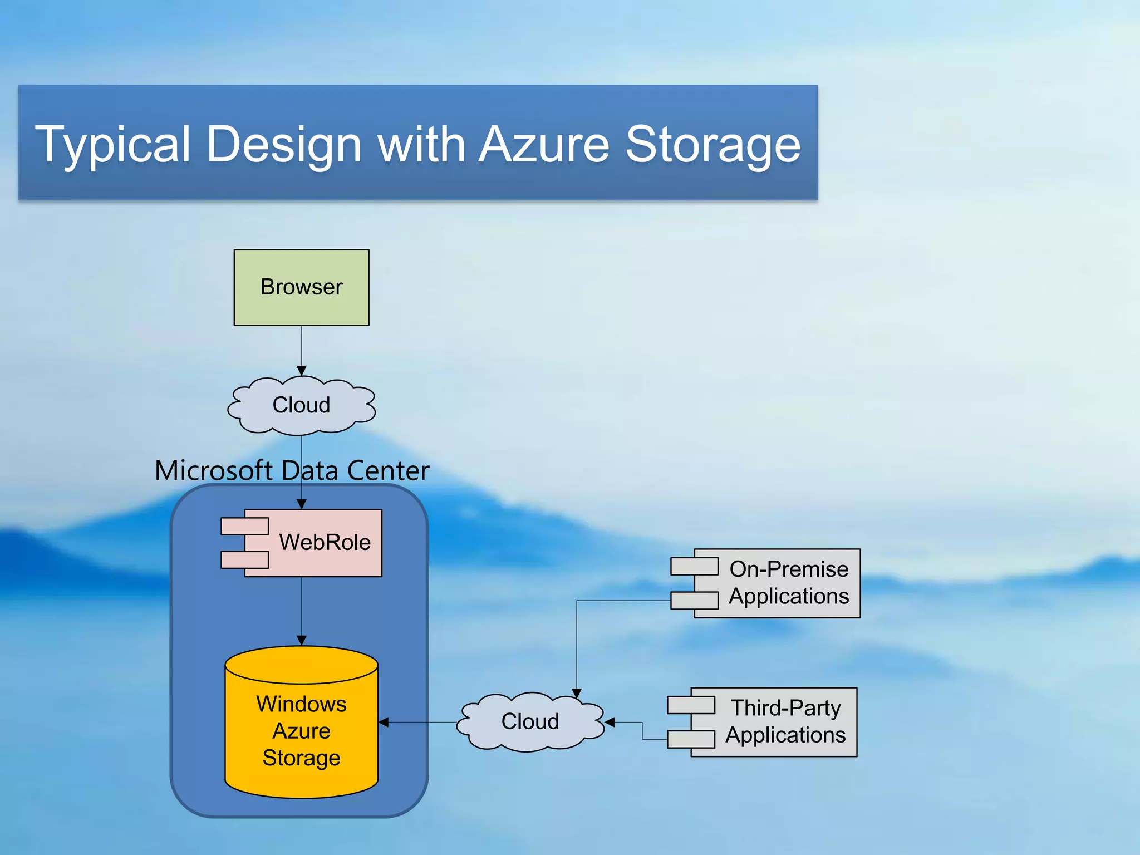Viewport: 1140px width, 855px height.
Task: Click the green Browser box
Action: (x=301, y=287)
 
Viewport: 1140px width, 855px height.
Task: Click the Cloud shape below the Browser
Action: (x=301, y=405)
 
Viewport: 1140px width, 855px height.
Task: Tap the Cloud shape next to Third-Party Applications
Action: (x=530, y=722)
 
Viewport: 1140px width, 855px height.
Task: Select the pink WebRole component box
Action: (x=325, y=543)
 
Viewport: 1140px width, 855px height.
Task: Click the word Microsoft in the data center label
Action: (x=213, y=471)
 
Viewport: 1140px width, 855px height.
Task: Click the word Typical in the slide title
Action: (x=115, y=145)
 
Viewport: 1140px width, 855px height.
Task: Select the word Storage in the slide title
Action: (x=713, y=145)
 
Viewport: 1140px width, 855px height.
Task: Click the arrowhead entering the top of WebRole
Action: (x=301, y=504)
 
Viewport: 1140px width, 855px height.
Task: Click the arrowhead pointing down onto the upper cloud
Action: (x=301, y=371)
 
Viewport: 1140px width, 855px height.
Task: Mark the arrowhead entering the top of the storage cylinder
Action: (x=301, y=641)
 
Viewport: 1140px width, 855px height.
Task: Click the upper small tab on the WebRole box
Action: (x=244, y=526)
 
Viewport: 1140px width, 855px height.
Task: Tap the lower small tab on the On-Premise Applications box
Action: (x=694, y=601)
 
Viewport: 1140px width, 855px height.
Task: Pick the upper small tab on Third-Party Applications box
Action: (x=691, y=705)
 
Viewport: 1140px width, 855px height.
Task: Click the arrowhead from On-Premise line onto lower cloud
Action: (x=577, y=693)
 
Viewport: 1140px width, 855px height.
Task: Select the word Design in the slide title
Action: (x=284, y=145)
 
